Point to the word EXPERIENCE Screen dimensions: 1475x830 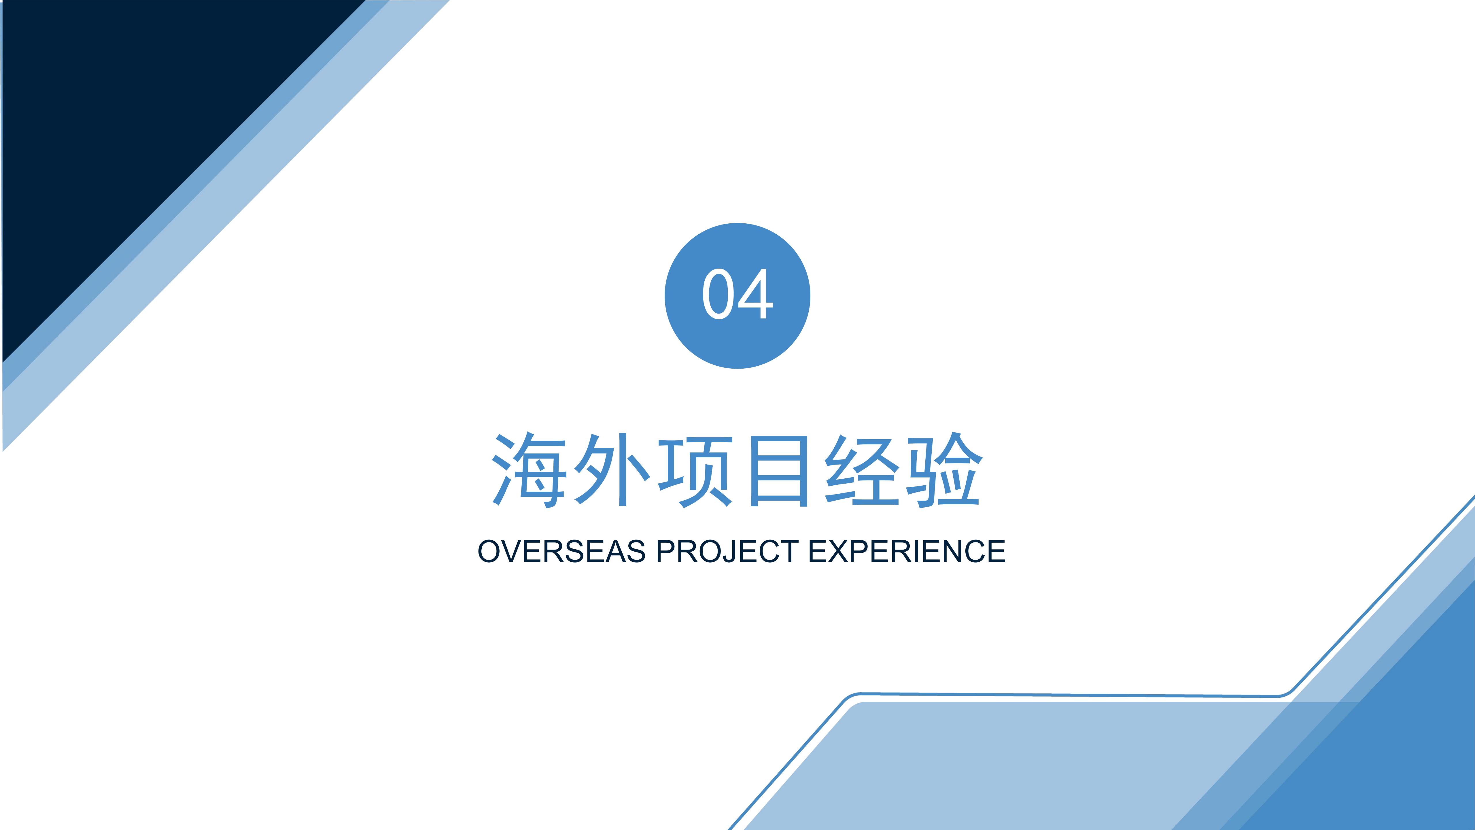(907, 551)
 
